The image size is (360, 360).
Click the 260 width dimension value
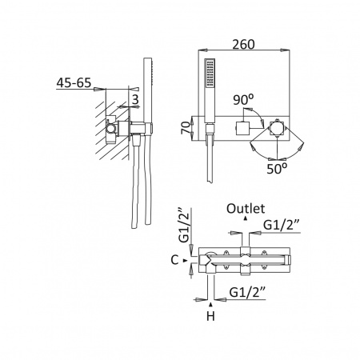pyautogui.click(x=243, y=44)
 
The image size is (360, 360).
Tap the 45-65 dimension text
pyautogui.click(x=74, y=82)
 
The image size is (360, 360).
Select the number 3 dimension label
pyautogui.click(x=135, y=99)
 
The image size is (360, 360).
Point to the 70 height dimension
pyautogui.click(x=186, y=128)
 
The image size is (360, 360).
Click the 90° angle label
pyautogui.click(x=243, y=100)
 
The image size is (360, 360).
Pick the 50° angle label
pyautogui.click(x=277, y=169)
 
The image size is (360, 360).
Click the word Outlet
pyautogui.click(x=246, y=209)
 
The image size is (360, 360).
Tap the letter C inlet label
pyautogui.click(x=174, y=260)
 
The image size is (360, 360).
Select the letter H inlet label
pyautogui.click(x=210, y=316)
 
